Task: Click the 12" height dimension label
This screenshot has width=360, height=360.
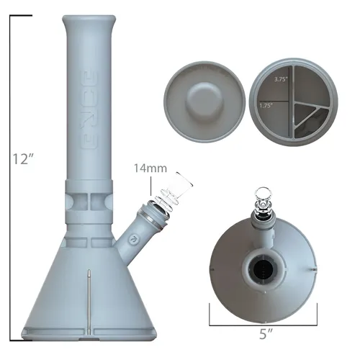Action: tap(20, 158)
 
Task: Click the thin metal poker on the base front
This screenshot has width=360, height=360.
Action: tap(89, 302)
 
